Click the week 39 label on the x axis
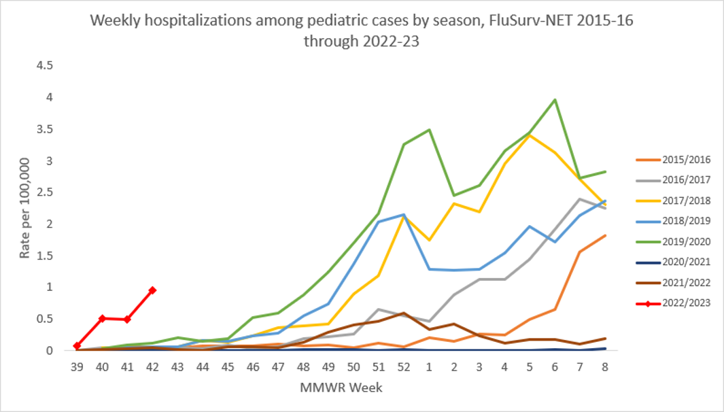click(x=77, y=366)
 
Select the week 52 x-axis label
click(x=404, y=366)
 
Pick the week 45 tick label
click(x=228, y=366)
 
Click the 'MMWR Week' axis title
click(x=341, y=389)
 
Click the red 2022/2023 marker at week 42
click(x=152, y=290)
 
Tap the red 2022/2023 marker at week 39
click(x=77, y=346)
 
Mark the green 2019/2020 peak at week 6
click(x=555, y=100)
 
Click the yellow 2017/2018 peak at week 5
click(x=530, y=135)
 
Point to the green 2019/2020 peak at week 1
click(x=429, y=130)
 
